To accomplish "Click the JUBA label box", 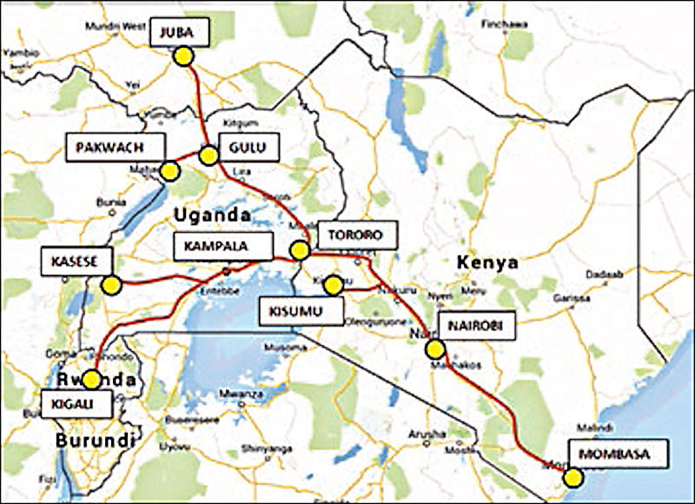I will pyautogui.click(x=180, y=34).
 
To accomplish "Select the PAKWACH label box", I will pyautogui.click(x=116, y=148).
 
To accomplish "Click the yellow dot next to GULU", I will pyautogui.click(x=208, y=156).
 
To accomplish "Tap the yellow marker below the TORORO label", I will pyautogui.click(x=300, y=251).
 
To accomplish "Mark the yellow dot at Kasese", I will pyautogui.click(x=110, y=284).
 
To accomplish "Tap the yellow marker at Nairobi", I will pyautogui.click(x=434, y=349).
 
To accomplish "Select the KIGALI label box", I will pyautogui.click(x=76, y=402).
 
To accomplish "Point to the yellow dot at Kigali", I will pyautogui.click(x=91, y=380).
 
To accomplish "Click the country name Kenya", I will pyautogui.click(x=488, y=262).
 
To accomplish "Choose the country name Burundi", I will pyautogui.click(x=95, y=441).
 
